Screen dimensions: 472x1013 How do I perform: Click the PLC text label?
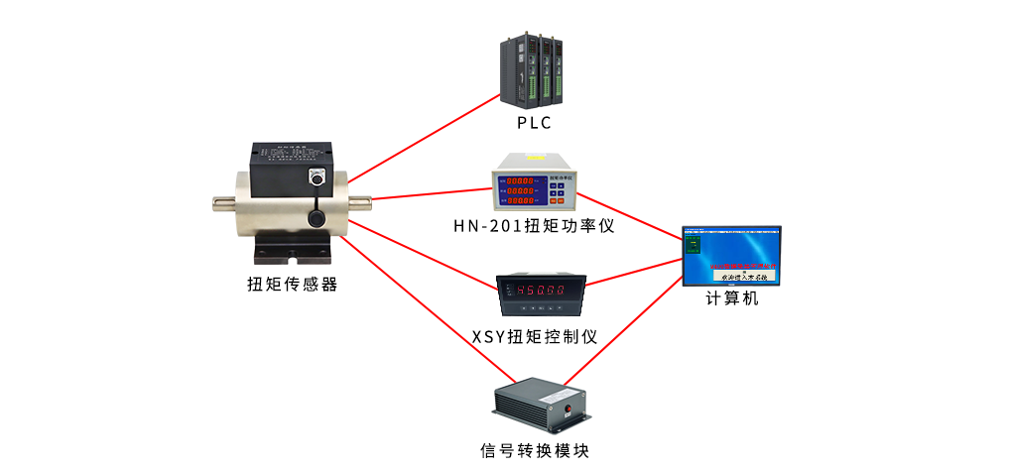click(x=533, y=123)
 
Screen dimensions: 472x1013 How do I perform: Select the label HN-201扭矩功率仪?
click(x=534, y=225)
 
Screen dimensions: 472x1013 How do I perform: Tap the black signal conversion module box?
click(x=541, y=404)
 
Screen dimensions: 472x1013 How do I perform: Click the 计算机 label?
click(x=731, y=297)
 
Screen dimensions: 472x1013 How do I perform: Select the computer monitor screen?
click(x=732, y=254)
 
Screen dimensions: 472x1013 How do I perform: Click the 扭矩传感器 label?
click(x=292, y=285)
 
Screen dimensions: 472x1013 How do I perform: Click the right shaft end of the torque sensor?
click(x=365, y=203)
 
